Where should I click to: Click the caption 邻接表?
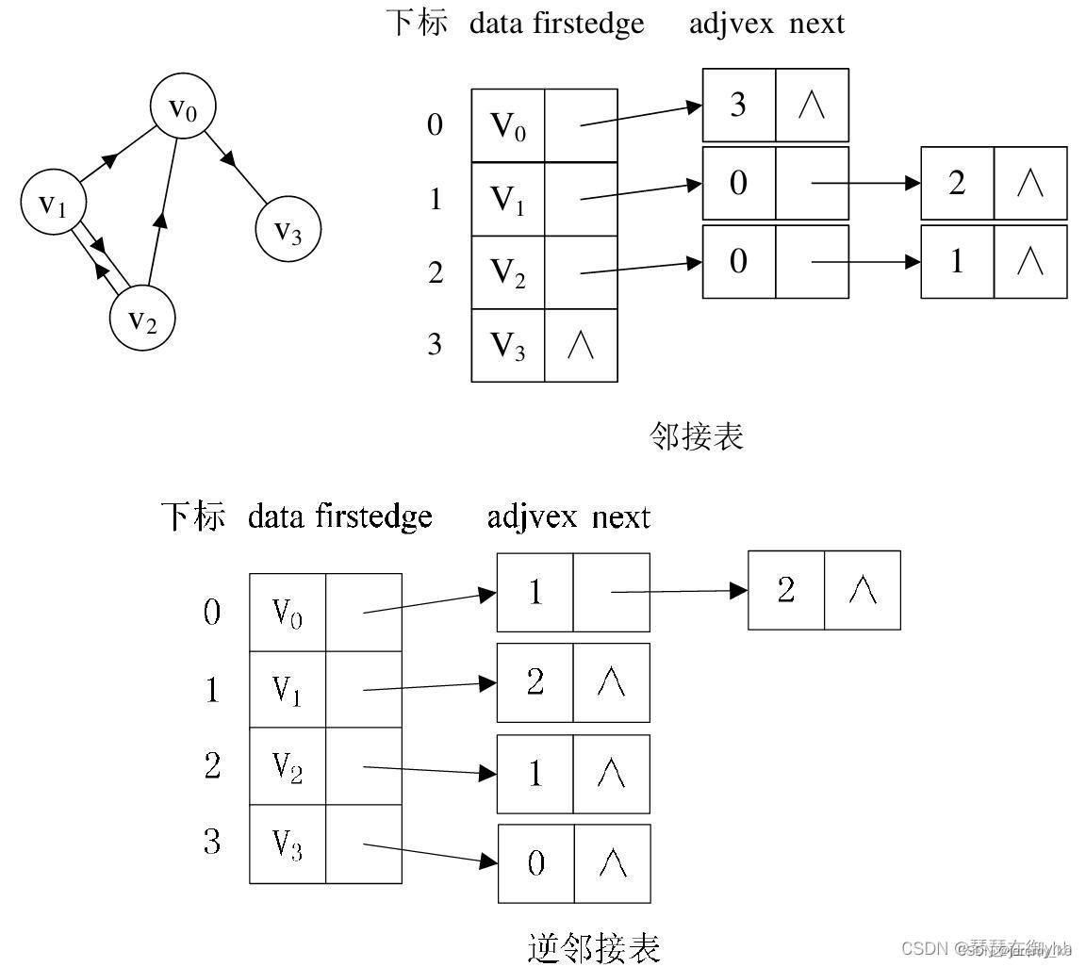coord(697,435)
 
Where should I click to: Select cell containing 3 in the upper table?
coord(738,105)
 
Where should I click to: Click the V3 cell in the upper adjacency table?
coord(507,346)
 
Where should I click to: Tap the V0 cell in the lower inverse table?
coord(288,613)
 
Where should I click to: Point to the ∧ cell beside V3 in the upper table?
coord(581,346)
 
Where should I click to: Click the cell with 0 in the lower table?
coord(535,863)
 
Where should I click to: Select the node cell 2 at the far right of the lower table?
coord(786,591)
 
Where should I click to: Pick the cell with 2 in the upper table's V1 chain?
coord(957,183)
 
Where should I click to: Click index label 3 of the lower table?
coord(212,842)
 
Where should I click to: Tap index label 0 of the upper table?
coord(435,124)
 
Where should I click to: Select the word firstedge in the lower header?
coord(373,516)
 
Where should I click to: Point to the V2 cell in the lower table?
coord(288,766)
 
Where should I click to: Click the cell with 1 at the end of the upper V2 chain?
coord(957,261)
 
